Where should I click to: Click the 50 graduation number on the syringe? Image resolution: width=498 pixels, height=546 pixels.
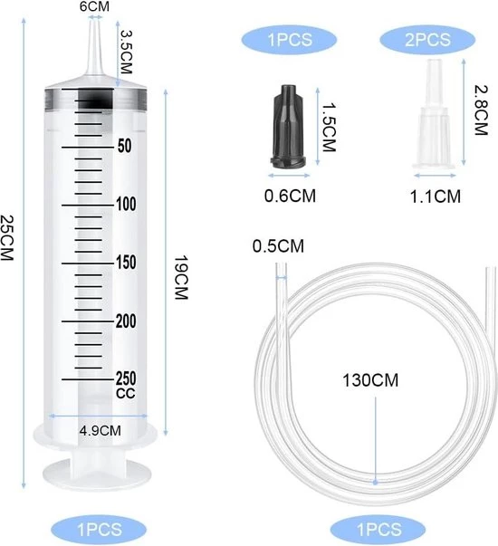pos(125,146)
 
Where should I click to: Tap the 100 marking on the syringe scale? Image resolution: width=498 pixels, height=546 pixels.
pos(126,204)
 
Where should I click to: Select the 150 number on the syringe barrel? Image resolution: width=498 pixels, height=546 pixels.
pos(126,263)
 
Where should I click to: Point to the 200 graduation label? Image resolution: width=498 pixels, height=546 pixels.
pos(126,321)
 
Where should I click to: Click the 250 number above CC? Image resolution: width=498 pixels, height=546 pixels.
pos(126,378)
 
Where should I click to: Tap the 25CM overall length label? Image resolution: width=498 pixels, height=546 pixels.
pos(6,238)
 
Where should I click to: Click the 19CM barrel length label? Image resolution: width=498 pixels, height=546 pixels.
pos(181,278)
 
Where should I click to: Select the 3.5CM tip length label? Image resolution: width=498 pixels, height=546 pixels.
pos(126,53)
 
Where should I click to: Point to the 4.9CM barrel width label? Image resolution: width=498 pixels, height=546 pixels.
pos(101,431)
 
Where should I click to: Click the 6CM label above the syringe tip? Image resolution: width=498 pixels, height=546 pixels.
pos(94,6)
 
